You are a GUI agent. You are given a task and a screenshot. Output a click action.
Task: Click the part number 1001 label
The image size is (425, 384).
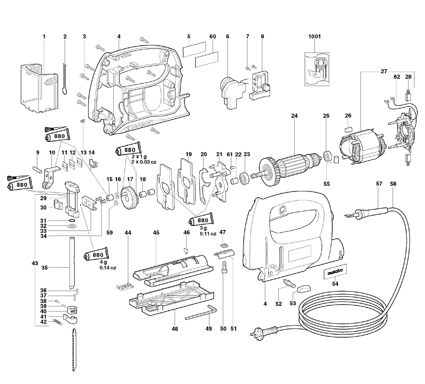point(314,37)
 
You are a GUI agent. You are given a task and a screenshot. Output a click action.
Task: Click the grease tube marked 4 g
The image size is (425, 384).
point(98,255)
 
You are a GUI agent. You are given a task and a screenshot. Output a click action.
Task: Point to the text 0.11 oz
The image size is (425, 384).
point(207,233)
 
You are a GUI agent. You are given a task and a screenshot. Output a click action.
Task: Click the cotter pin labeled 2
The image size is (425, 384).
point(65,77)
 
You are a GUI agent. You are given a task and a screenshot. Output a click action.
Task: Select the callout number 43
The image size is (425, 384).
point(35,263)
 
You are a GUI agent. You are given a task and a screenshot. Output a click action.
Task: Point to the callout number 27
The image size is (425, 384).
point(384,72)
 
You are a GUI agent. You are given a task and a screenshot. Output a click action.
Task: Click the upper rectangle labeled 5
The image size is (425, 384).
point(194,51)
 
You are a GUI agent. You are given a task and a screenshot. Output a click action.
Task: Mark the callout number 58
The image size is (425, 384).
point(393,184)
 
